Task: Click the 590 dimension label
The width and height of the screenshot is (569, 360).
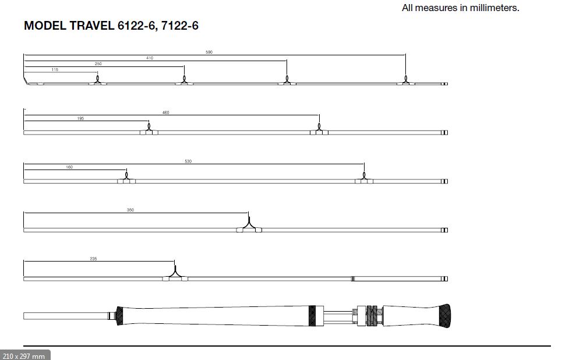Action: (x=209, y=52)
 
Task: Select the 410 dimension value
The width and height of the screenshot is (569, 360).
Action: (x=150, y=58)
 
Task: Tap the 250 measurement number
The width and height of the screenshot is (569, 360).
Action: (x=98, y=64)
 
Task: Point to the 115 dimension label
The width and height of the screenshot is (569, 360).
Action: (x=55, y=70)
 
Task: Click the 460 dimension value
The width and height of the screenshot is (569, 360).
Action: (x=165, y=112)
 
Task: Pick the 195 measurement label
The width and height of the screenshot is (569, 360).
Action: (x=80, y=118)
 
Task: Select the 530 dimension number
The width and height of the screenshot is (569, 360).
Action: (x=188, y=161)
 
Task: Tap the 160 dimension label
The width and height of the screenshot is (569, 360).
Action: (x=69, y=167)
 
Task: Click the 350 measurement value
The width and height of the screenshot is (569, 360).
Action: (x=130, y=210)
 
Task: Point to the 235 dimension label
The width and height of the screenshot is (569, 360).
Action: (x=93, y=259)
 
